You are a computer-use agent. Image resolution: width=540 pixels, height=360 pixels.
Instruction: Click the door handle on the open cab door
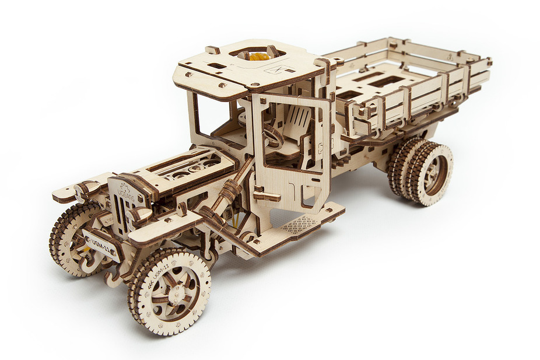265,195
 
